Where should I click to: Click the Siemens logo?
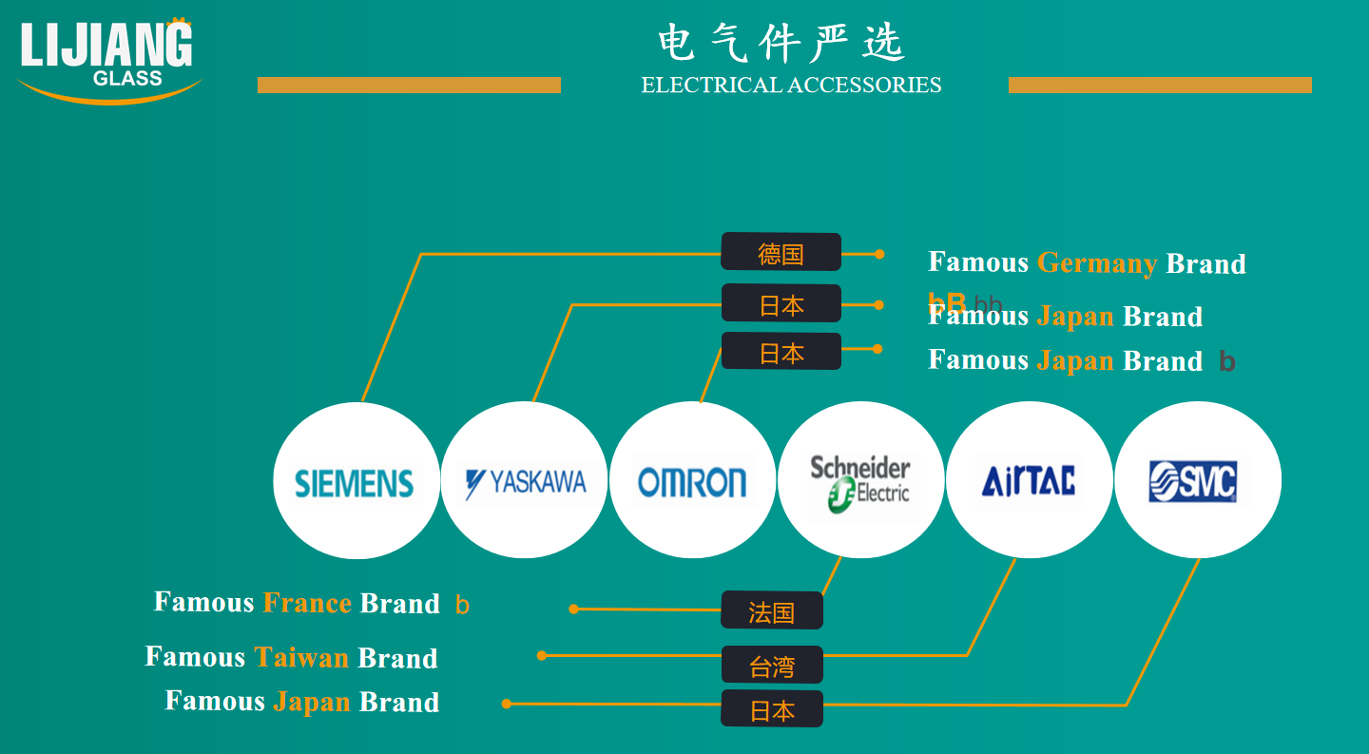click(355, 483)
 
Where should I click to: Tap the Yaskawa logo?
click(526, 483)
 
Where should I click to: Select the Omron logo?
click(692, 483)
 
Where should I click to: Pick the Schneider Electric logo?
click(860, 484)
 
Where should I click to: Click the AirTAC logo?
click(1029, 481)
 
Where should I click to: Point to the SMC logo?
click(1193, 481)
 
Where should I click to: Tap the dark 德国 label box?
click(781, 252)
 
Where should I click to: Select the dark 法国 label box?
click(772, 609)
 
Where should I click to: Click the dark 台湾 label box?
click(772, 665)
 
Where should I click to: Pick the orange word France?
click(307, 603)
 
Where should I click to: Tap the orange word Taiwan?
click(301, 657)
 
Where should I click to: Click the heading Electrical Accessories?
click(791, 85)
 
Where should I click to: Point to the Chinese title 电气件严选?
click(781, 43)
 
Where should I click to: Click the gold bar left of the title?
click(409, 85)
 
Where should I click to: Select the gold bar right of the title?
click(1160, 85)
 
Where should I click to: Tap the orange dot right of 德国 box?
click(879, 254)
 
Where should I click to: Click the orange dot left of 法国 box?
click(573, 609)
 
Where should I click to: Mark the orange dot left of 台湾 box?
click(542, 656)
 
